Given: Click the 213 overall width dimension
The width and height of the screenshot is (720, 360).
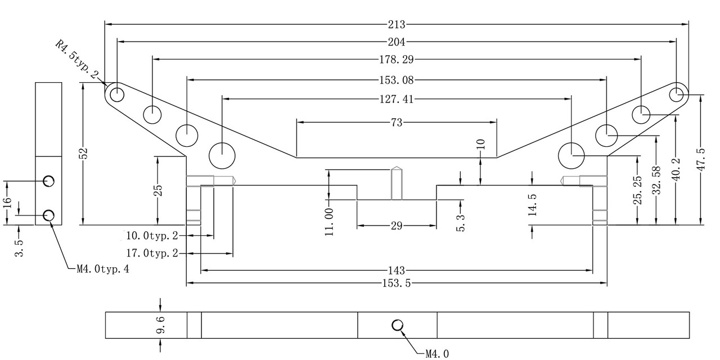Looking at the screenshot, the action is (397, 24).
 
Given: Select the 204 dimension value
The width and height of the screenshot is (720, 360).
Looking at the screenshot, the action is (397, 42).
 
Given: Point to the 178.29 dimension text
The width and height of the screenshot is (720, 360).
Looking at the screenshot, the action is (397, 60).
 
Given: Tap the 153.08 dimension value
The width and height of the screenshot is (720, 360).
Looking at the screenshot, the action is (397, 80).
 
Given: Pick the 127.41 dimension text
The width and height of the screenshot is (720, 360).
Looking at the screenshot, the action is (397, 99).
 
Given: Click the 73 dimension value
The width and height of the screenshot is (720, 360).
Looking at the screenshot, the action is (397, 123).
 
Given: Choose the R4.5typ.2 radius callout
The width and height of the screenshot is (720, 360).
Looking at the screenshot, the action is (76, 60).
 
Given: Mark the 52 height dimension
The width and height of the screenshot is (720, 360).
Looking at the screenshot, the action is (83, 154).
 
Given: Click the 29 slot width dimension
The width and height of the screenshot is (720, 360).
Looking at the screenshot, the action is (397, 226).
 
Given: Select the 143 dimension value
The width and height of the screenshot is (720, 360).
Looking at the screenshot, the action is (397, 271).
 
